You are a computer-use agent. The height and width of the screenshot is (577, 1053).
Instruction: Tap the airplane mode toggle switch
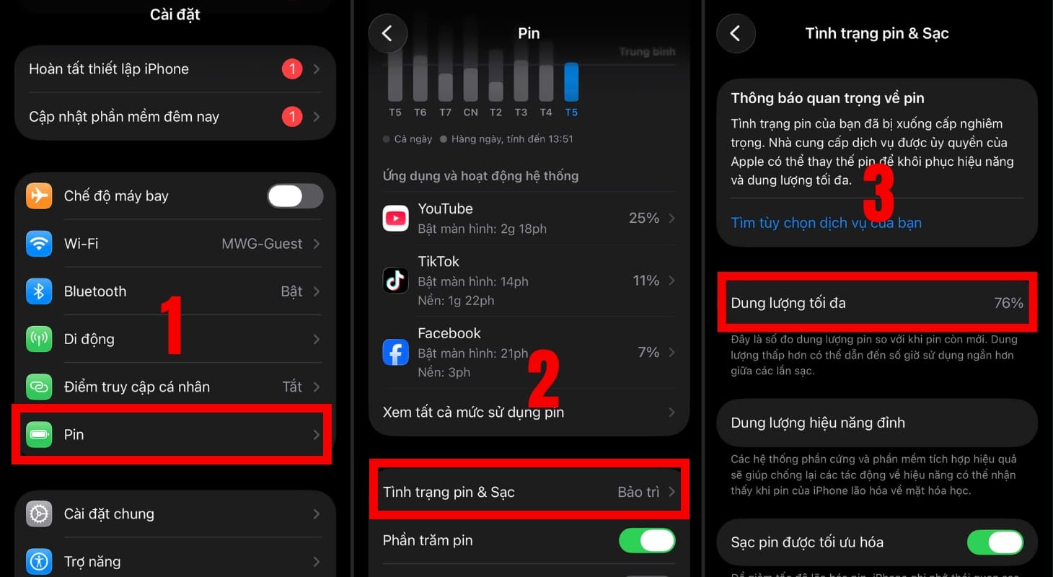(295, 196)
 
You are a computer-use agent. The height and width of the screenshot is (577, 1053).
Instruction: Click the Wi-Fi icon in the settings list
(40, 244)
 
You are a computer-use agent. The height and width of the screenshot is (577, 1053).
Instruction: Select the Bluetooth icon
(40, 291)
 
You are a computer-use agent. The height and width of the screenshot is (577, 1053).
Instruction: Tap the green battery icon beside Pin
(40, 434)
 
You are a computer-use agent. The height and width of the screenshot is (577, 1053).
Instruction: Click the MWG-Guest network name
(262, 244)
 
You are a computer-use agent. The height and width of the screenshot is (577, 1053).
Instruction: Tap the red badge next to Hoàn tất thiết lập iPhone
(292, 69)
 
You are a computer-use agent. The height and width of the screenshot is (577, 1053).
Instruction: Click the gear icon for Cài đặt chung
(40, 514)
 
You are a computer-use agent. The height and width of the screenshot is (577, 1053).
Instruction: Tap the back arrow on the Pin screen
(388, 33)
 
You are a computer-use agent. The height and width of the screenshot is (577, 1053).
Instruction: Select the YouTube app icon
(396, 218)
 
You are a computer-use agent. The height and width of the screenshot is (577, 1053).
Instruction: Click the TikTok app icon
(396, 280)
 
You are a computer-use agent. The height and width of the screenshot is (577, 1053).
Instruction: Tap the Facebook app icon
(396, 352)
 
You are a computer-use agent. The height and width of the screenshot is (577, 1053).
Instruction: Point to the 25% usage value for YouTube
(643, 218)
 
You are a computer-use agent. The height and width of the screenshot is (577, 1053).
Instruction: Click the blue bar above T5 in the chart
(571, 82)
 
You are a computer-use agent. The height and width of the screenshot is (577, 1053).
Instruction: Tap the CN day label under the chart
(470, 113)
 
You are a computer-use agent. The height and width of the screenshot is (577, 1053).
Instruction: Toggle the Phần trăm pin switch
(647, 540)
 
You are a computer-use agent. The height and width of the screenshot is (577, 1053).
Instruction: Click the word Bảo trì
(638, 492)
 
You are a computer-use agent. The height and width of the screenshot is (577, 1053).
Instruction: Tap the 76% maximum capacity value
(1008, 303)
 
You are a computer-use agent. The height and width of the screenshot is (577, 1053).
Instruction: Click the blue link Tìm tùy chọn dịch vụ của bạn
(826, 223)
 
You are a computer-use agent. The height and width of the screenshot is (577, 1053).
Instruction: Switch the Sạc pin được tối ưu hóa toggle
(995, 542)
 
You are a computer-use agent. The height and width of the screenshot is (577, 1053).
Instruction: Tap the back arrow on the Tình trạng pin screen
(736, 33)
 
